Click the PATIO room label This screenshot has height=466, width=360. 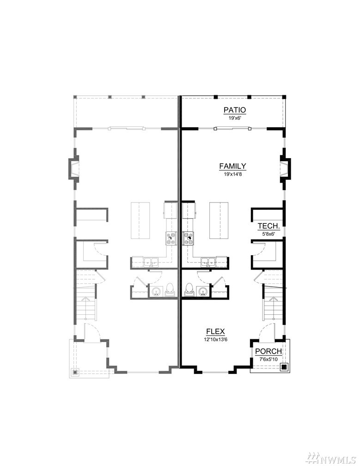pyautogui.click(x=235, y=110)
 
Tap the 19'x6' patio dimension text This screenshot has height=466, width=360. pyautogui.click(x=235, y=118)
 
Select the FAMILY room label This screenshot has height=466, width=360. pyautogui.click(x=232, y=166)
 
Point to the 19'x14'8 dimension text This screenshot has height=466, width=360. pyautogui.click(x=232, y=174)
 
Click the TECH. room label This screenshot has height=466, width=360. pyautogui.click(x=268, y=226)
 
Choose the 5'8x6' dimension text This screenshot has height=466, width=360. pyautogui.click(x=268, y=233)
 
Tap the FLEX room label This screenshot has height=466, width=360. pyautogui.click(x=215, y=331)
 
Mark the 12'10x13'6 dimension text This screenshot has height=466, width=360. pyautogui.click(x=215, y=339)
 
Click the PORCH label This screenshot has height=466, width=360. pyautogui.click(x=268, y=351)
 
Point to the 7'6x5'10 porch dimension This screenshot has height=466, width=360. pyautogui.click(x=268, y=359)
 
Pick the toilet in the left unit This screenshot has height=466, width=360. pyautogui.click(x=170, y=289)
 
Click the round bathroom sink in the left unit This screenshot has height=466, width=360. pyautogui.click(x=156, y=291)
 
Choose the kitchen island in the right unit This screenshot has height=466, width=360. pyautogui.click(x=219, y=220)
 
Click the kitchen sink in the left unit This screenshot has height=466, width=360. pyautogui.click(x=151, y=262)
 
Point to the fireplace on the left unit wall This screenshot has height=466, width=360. pyautogui.click(x=73, y=168)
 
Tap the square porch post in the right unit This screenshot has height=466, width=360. pyautogui.click(x=284, y=367)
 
